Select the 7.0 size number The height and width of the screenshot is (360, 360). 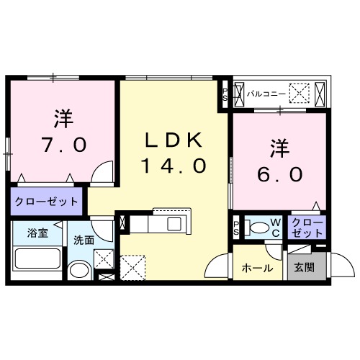65,144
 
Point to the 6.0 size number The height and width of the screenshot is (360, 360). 279,174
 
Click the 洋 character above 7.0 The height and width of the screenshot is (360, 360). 63,117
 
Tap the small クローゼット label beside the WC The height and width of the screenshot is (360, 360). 307,229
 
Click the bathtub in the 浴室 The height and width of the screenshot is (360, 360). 38,261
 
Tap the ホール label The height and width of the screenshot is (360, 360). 257,269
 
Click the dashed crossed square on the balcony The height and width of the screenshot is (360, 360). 300,92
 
